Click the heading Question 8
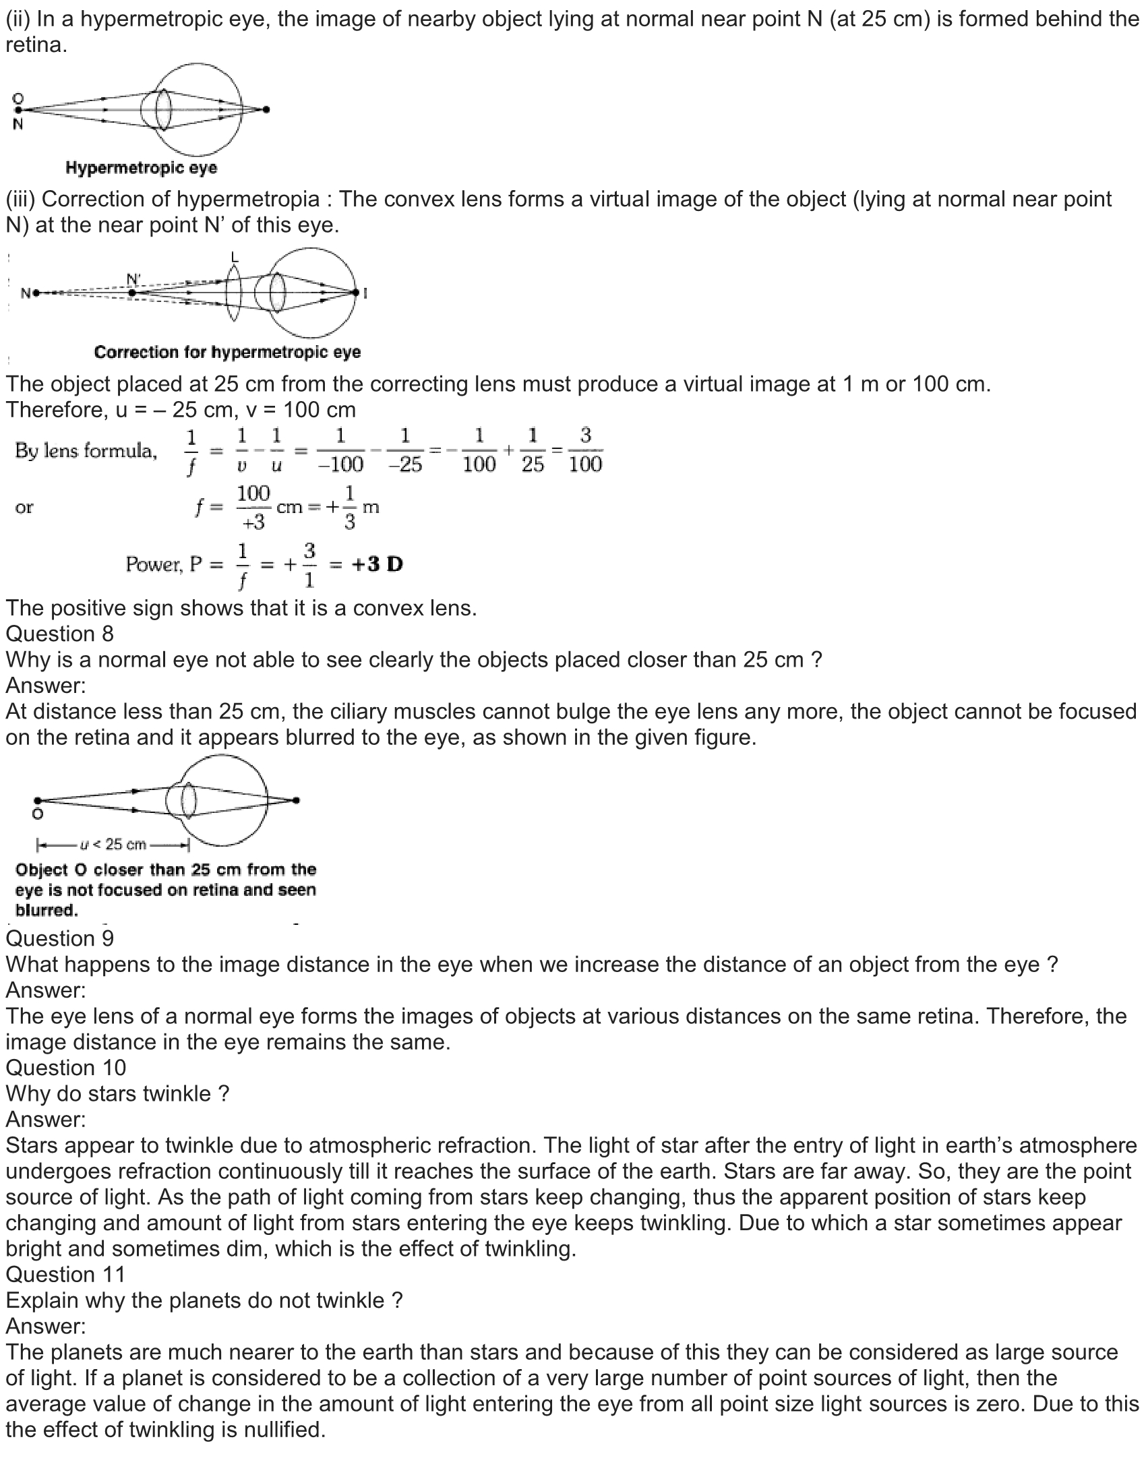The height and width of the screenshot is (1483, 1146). click(60, 634)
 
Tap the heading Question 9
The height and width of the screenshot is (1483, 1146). click(60, 938)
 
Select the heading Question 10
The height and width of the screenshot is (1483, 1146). click(66, 1068)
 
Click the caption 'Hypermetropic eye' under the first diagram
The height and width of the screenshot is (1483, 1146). click(141, 168)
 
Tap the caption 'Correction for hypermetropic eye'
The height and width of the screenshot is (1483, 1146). click(227, 353)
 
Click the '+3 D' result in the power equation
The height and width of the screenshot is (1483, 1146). click(377, 564)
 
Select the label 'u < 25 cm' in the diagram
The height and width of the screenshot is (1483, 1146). click(113, 845)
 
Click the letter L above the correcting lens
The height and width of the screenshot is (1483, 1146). click(235, 257)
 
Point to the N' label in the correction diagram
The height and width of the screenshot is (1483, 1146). click(133, 280)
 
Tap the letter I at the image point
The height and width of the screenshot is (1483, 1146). click(365, 293)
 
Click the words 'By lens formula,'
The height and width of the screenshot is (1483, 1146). click(86, 451)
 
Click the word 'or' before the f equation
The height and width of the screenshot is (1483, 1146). click(24, 507)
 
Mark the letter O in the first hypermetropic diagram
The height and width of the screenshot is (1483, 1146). click(18, 98)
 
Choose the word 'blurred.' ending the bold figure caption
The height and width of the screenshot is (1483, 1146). click(47, 911)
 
